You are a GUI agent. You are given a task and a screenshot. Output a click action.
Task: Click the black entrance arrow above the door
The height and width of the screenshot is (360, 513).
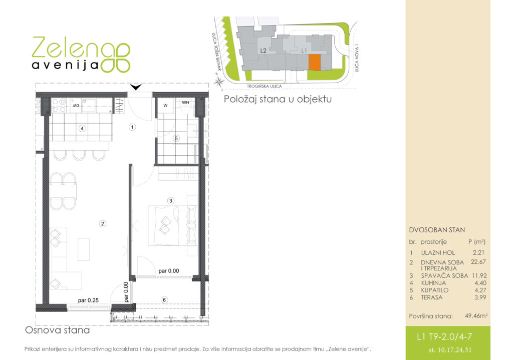pos(136,87)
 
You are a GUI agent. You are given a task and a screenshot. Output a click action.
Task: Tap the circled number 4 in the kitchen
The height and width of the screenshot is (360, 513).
pos(82,129)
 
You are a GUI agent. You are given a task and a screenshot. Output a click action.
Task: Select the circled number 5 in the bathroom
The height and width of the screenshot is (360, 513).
pos(176,139)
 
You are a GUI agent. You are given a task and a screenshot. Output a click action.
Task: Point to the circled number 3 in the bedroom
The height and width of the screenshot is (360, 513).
pos(170,201)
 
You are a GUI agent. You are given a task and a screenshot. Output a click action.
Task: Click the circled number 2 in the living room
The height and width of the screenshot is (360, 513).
pos(102,224)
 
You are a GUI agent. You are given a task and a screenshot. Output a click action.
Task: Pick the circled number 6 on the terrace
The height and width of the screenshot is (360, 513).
pos(164,300)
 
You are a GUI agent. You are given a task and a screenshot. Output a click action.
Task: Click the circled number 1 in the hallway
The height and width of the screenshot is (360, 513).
pos(132,127)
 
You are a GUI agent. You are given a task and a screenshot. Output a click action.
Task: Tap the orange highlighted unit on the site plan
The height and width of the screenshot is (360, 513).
pos(315,62)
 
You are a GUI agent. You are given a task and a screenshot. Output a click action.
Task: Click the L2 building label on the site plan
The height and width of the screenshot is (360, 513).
pos(263,51)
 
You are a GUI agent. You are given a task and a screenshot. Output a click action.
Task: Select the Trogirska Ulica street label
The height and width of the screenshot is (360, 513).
pos(265,86)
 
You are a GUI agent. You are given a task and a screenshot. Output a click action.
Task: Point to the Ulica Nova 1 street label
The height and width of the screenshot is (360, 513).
pos(357,59)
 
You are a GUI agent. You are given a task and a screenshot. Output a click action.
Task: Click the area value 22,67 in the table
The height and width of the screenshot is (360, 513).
pos(478,261)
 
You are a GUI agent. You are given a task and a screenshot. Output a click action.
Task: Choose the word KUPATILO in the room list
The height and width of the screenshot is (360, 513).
pos(435,290)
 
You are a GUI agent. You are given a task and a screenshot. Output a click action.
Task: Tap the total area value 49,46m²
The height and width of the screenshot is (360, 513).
pos(476,316)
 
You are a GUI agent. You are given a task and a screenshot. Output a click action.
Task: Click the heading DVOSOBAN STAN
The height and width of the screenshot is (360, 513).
pos(437,230)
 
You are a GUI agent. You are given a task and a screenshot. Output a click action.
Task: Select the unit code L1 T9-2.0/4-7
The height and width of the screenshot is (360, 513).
pos(444,337)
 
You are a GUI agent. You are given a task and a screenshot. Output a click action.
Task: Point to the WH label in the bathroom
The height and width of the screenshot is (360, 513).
pos(185,103)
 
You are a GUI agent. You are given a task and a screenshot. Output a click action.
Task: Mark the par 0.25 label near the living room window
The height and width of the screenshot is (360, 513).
pos(88,300)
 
